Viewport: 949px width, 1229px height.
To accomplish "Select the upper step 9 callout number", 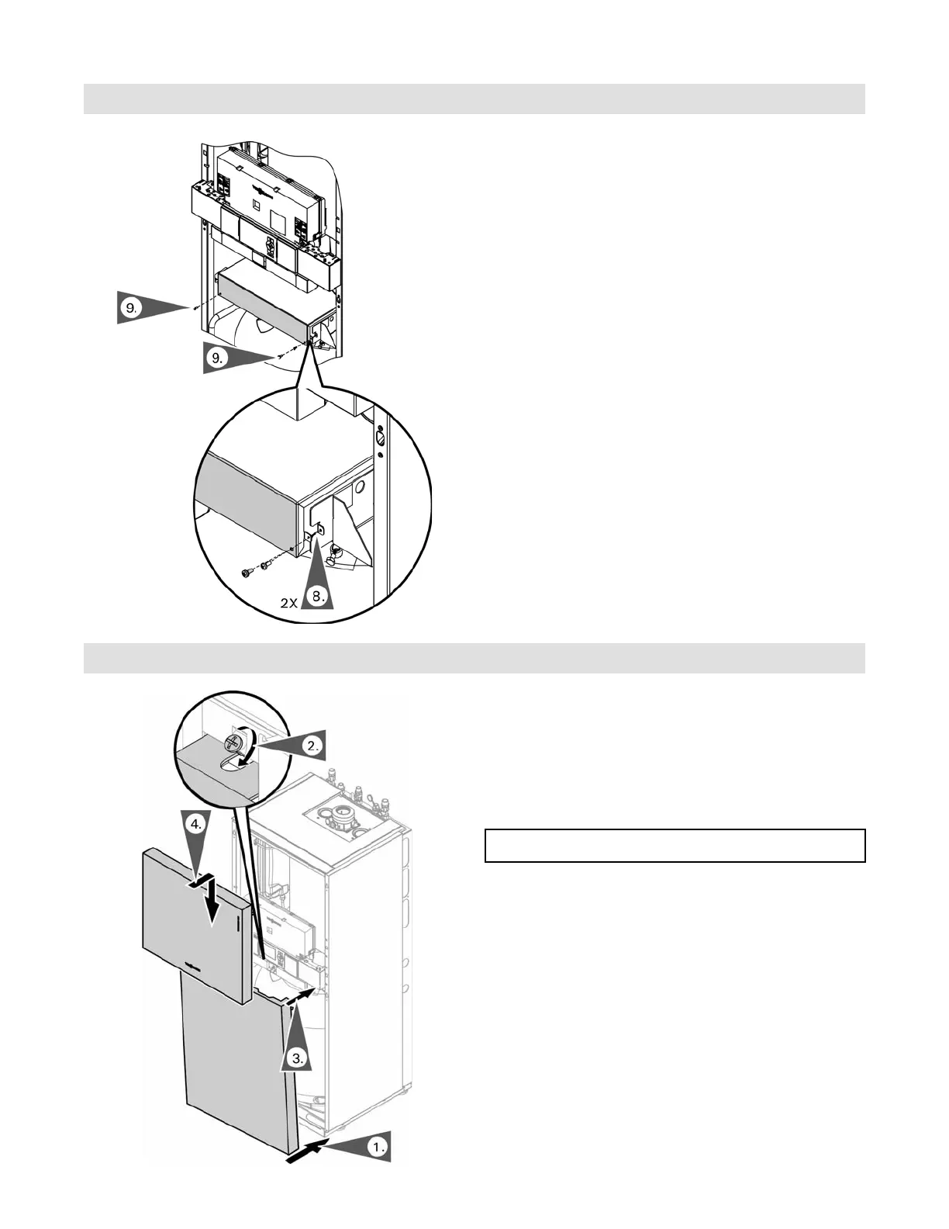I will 130,307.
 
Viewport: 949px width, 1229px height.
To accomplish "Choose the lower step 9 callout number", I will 217,358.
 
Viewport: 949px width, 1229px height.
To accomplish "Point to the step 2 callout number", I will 312,746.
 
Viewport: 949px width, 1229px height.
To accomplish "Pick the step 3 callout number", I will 296,1058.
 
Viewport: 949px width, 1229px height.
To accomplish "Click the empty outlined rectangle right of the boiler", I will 675,846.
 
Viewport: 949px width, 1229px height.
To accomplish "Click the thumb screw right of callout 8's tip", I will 335,552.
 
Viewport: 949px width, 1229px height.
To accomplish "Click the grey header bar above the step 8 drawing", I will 474,99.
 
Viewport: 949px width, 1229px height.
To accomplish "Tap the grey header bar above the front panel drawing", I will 474,658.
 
